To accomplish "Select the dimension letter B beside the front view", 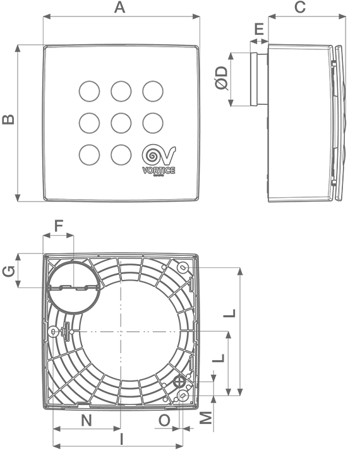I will click(x=7, y=119).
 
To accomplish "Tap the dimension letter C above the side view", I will click(x=301, y=8).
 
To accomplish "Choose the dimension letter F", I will click(x=59, y=225).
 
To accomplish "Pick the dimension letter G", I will click(x=8, y=271).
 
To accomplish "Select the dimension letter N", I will click(x=87, y=420).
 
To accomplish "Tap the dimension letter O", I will click(x=164, y=420).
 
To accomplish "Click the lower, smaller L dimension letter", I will click(x=219, y=358).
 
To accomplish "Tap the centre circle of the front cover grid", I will click(x=121, y=121).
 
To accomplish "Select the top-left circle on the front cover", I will click(x=89, y=91).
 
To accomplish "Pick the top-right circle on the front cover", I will click(x=152, y=91).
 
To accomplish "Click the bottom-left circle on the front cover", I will click(x=89, y=154).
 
